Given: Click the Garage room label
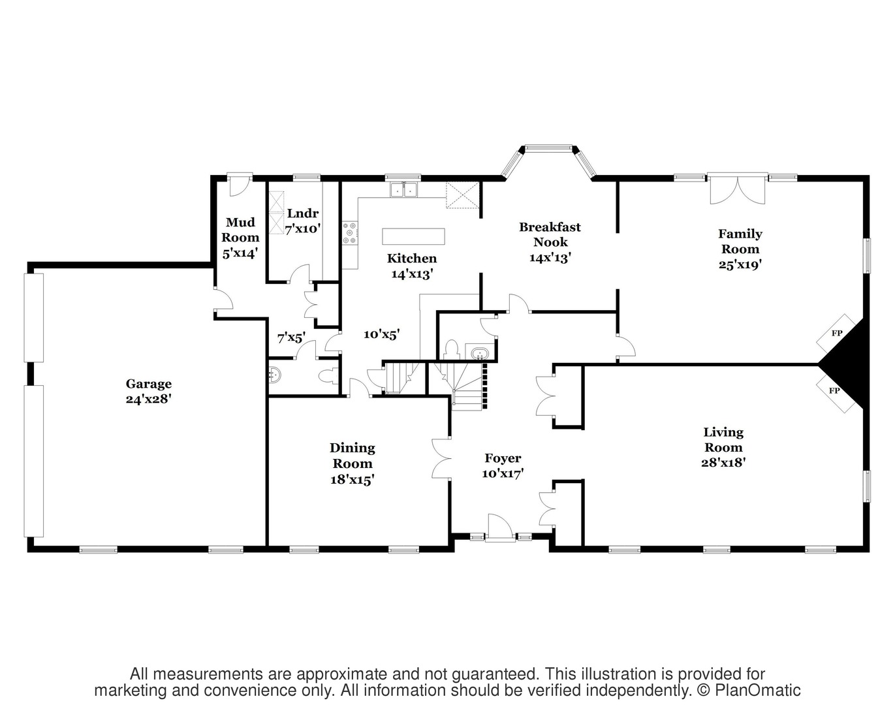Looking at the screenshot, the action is point(148,384).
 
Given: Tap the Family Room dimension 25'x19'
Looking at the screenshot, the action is point(740,264).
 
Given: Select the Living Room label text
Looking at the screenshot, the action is point(723,439).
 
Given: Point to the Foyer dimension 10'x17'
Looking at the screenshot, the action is point(503,473).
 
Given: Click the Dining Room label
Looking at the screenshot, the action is point(353,456).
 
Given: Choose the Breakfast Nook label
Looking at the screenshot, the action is point(550,234).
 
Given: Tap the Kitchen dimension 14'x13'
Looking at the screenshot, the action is point(412,274).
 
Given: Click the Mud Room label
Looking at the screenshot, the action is point(240,230).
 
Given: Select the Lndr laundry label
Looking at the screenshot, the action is point(303,213).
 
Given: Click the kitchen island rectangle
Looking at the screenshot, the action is point(413,236).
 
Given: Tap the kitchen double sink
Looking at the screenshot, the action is point(404,189).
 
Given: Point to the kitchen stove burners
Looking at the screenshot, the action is point(350,233).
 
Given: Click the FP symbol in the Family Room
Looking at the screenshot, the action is point(837,333).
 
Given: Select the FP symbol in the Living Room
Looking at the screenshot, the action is point(834,390).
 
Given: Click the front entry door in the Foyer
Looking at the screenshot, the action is point(499,527).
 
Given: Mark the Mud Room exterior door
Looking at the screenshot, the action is point(240,185).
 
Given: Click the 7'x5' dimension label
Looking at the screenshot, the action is point(292,337).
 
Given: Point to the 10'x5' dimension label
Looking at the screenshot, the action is point(381,334).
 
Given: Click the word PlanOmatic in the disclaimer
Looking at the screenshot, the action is point(757,691).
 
